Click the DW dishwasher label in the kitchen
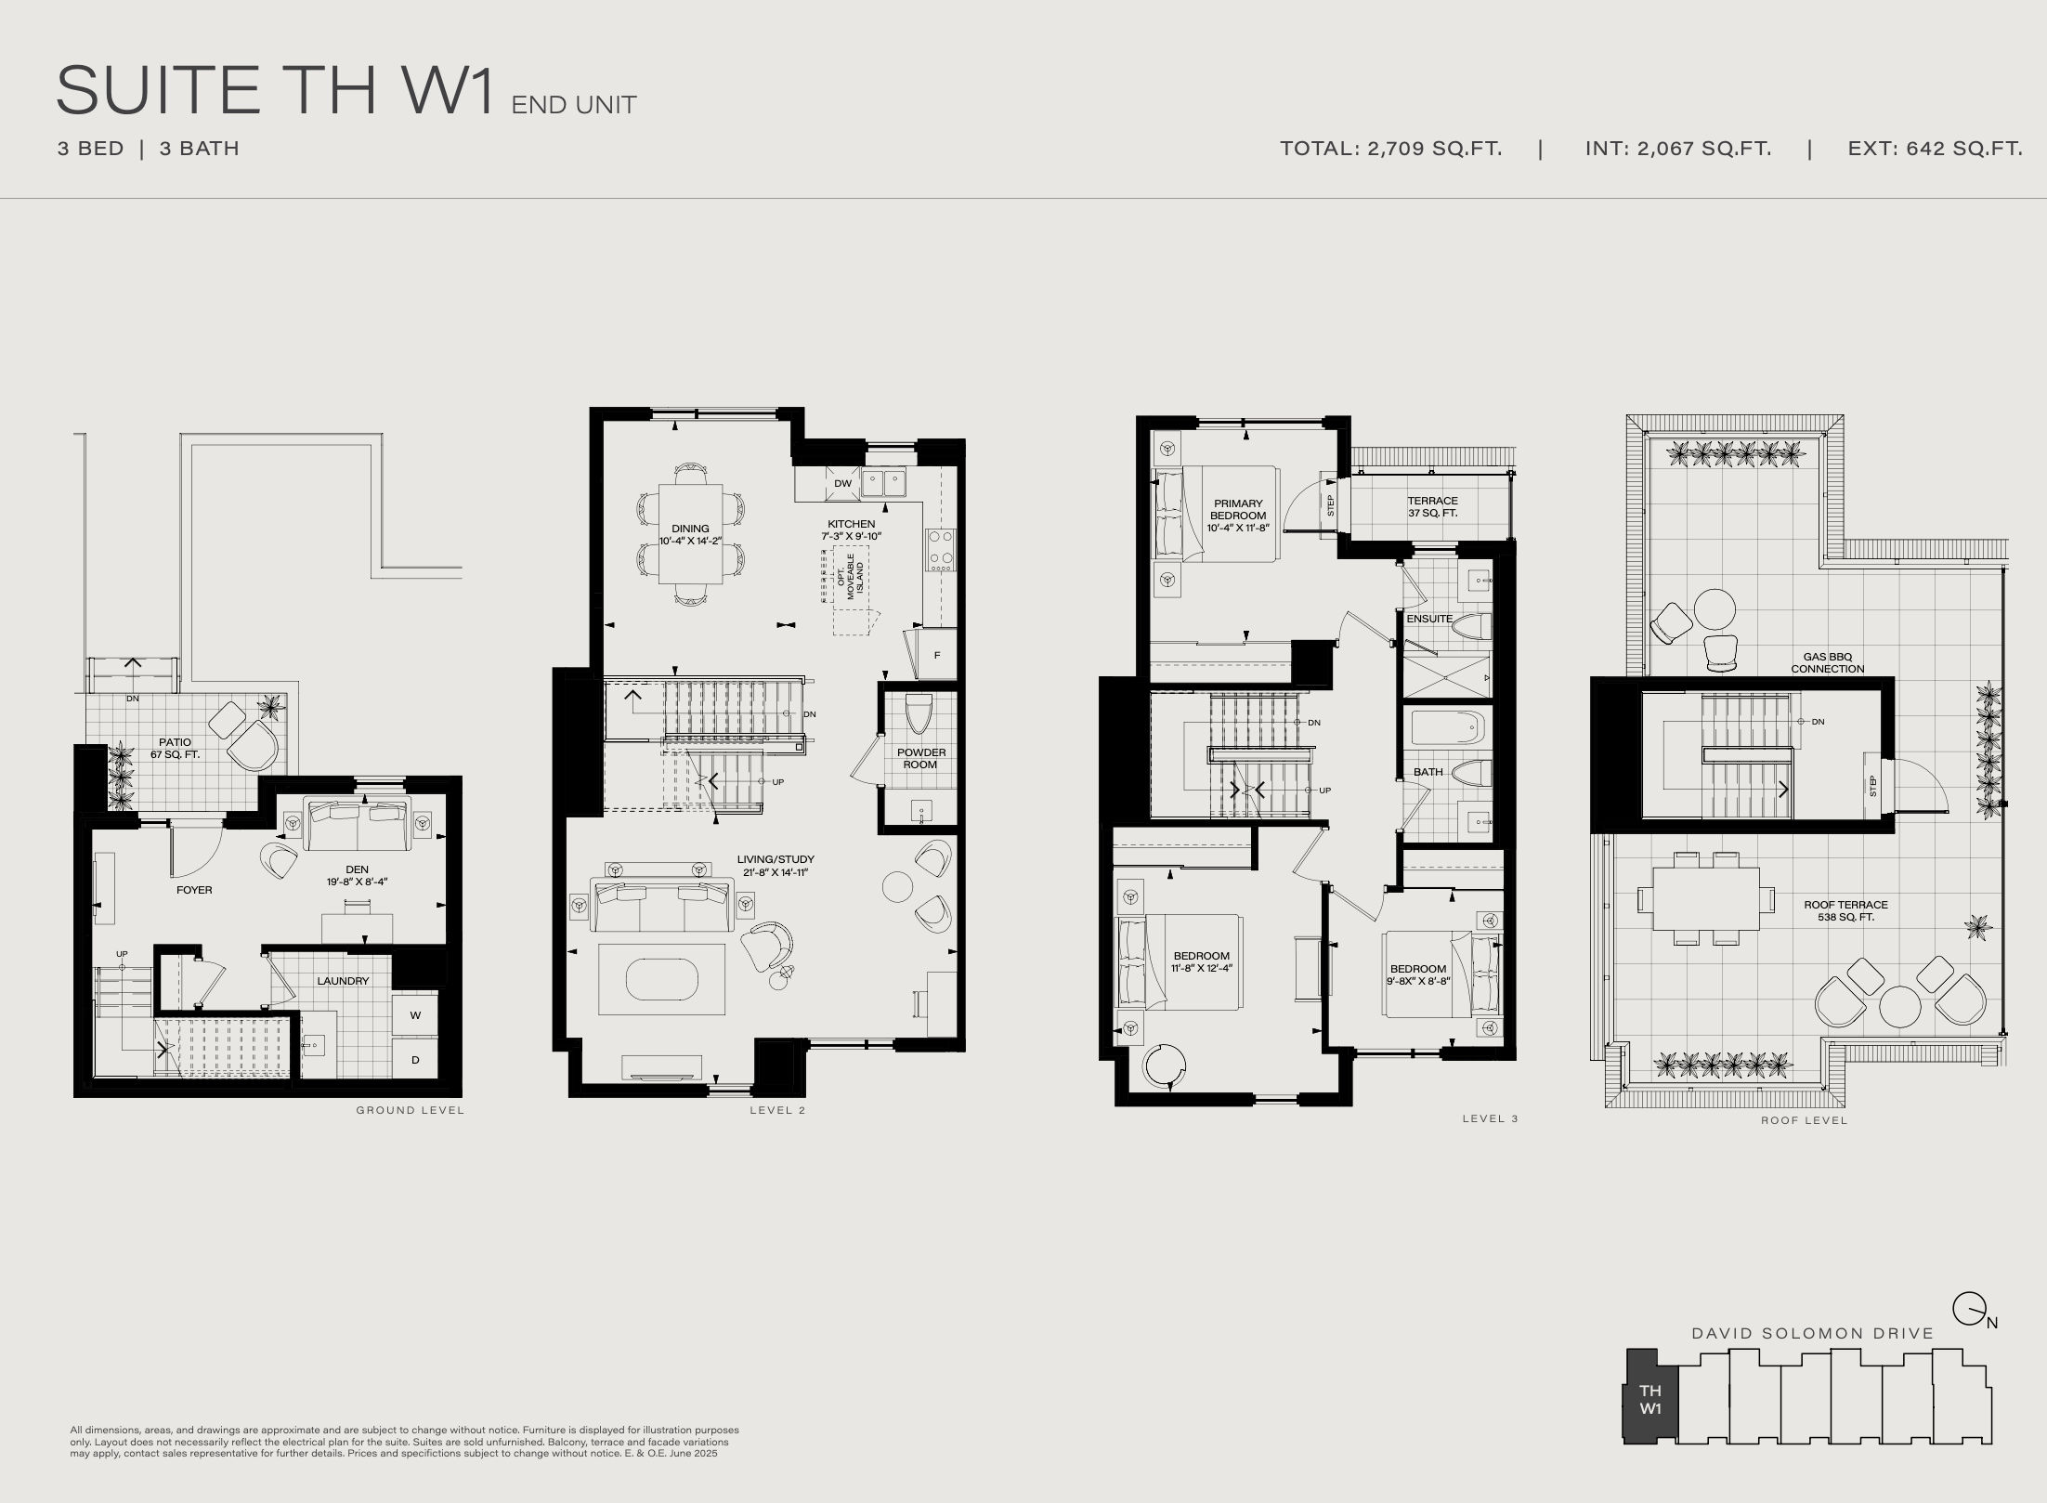point(842,483)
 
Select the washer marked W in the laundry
point(415,1014)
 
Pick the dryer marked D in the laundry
point(415,1059)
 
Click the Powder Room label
point(920,759)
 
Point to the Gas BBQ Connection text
point(1827,662)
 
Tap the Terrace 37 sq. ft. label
point(1432,506)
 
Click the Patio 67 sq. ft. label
point(175,748)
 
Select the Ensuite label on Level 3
point(1429,619)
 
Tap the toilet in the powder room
point(918,713)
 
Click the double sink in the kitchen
point(882,483)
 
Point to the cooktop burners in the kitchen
point(940,550)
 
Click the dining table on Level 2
point(690,534)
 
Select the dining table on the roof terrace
point(1706,898)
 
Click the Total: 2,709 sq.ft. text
point(1390,149)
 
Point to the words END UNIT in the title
point(574,105)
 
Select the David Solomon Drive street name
point(1813,1333)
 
